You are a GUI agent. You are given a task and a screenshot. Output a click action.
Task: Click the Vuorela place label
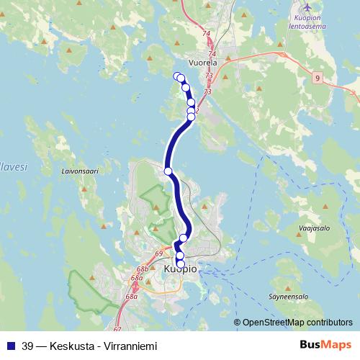[x=203, y=63]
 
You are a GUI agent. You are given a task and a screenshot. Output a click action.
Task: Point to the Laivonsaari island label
[x=79, y=172]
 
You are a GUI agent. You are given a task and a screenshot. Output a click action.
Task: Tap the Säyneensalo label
[x=287, y=296]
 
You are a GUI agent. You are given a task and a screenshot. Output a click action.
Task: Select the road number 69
[x=159, y=254]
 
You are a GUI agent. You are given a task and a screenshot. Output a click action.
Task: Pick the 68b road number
[x=143, y=268]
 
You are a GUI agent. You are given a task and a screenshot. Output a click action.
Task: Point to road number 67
[x=117, y=309]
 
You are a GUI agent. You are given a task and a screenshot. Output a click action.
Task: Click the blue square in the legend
[x=10, y=346]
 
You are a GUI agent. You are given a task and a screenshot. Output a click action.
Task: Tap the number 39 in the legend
[x=27, y=346]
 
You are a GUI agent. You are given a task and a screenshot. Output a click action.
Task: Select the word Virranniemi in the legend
[x=131, y=346]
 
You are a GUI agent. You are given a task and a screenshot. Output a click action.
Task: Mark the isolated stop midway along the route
[x=168, y=171]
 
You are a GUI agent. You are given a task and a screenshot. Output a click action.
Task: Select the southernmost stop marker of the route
[x=180, y=263]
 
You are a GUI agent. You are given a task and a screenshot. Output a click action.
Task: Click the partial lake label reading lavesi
[x=13, y=166]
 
